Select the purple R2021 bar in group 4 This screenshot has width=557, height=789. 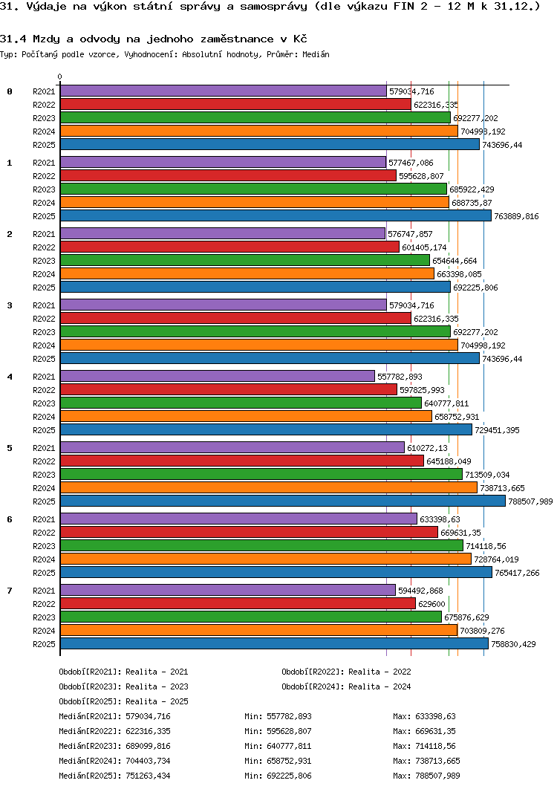tap(217, 377)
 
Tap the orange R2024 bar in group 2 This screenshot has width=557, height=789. tap(247, 274)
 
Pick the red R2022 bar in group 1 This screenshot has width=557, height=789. tap(228, 176)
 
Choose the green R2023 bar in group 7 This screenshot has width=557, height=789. tap(251, 617)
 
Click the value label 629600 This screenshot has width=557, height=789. tap(433, 604)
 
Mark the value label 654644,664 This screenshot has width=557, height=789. tap(454, 261)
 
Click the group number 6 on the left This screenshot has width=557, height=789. tap(10, 519)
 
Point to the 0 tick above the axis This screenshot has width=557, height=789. tap(60, 77)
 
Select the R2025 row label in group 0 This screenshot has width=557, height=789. tap(45, 145)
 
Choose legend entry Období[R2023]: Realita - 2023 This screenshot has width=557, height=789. tap(123, 686)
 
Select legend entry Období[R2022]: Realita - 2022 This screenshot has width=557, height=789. tap(346, 672)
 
